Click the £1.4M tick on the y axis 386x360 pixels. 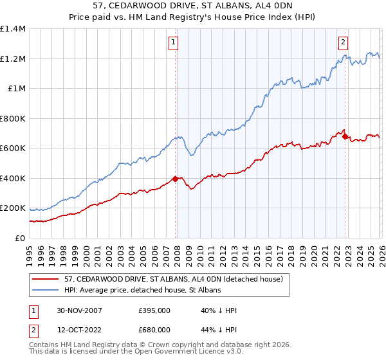click(x=12, y=29)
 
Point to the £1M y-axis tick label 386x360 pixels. click(x=16, y=89)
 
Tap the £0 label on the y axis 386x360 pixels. click(x=21, y=239)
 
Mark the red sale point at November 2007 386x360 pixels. click(x=176, y=179)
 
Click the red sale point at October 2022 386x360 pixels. click(x=345, y=136)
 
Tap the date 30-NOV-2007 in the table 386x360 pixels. click(x=79, y=310)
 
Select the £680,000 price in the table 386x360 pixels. click(x=154, y=330)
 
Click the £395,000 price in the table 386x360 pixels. click(x=154, y=310)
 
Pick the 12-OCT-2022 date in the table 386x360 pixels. click(x=79, y=330)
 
